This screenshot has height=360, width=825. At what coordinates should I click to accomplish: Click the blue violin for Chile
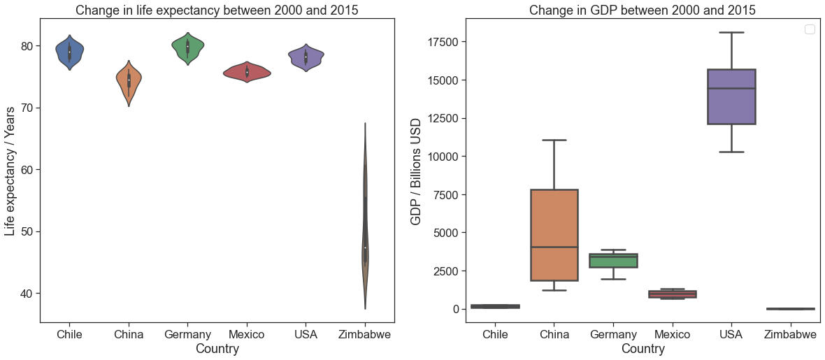[69, 52]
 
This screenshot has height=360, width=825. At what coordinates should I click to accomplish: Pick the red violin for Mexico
[247, 72]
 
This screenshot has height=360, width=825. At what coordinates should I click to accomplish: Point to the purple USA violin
[306, 57]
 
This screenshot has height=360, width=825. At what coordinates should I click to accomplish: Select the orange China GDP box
[554, 235]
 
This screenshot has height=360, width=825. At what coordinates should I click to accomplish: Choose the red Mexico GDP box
[673, 294]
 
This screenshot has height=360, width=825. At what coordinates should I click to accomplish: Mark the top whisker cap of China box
[554, 140]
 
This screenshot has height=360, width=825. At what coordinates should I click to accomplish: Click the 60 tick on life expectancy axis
[27, 169]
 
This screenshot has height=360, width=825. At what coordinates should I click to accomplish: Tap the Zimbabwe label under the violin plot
[365, 334]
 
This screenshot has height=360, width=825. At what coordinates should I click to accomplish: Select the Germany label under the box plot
[613, 334]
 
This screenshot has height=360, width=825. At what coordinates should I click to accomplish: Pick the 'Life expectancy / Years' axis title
[10, 171]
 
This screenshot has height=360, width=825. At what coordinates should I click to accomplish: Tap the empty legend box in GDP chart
[809, 30]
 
